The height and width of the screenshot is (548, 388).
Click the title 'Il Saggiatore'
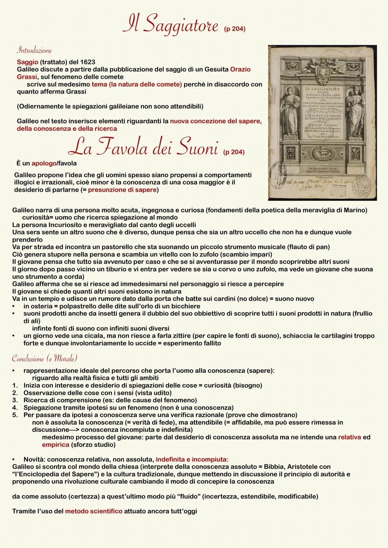coord(170,24)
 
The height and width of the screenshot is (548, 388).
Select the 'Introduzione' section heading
coord(34,50)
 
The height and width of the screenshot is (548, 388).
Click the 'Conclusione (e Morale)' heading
coord(45,358)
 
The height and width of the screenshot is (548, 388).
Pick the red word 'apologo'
coord(44,163)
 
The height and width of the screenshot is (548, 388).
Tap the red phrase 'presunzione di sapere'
coord(122,190)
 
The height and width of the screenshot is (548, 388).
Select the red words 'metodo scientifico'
coord(93,511)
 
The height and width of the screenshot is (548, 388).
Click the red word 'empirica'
coord(55,445)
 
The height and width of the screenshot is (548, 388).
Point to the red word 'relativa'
coord(349,437)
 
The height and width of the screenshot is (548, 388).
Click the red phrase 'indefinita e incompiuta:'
coord(192,459)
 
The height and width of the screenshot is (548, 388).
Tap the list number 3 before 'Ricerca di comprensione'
coord(15,400)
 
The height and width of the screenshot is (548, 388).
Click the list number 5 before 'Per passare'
coord(15,415)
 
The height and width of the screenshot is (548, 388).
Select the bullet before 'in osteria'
coord(14,306)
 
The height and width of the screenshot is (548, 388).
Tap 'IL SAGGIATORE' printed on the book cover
coord(322,88)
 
